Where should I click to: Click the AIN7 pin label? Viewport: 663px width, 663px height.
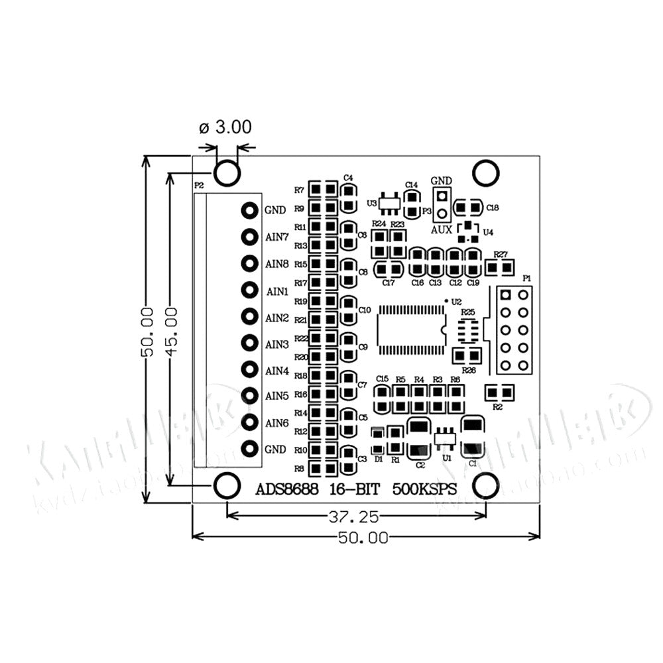[x=276, y=237]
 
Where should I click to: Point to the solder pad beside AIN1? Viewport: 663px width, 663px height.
[x=249, y=290]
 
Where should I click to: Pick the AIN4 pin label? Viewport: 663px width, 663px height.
[x=276, y=370]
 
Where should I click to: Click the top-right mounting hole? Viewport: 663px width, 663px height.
[x=485, y=172]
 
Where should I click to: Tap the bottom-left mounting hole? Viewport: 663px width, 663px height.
[x=227, y=485]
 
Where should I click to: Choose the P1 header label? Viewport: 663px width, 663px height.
[x=527, y=278]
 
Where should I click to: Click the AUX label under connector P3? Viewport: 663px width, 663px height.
[x=442, y=229]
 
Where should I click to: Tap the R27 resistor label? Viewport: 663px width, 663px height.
[x=501, y=255]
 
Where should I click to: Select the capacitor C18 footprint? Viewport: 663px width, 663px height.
[x=467, y=209]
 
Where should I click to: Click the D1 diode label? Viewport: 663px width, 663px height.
[x=378, y=459]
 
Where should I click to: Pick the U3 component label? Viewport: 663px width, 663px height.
[x=371, y=202]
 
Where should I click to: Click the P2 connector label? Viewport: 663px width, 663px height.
[x=198, y=185]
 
